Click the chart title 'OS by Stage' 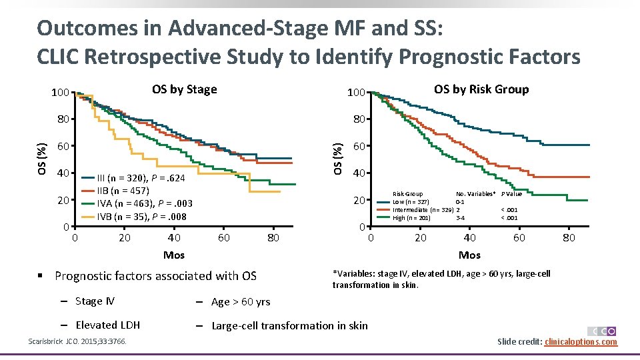[x=184, y=89]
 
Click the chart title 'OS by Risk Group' [x=481, y=89]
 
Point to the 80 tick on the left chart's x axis [x=273, y=237]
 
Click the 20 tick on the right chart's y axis [x=359, y=201]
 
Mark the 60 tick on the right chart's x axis [x=519, y=237]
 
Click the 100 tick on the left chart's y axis [x=61, y=92]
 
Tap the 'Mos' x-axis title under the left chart [x=174, y=255]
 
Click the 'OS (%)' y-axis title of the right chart [x=339, y=159]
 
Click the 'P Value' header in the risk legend [x=511, y=194]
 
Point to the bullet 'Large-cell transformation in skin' [x=289, y=325]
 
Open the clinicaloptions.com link [x=581, y=342]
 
